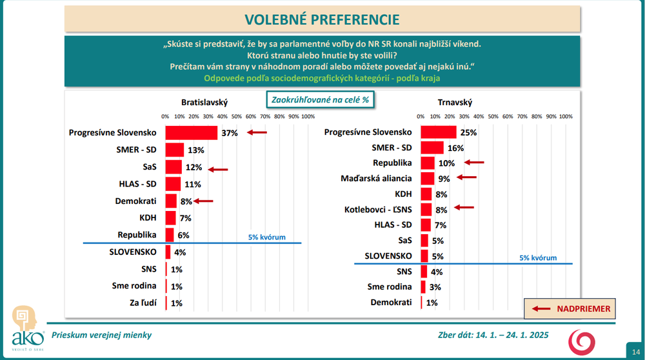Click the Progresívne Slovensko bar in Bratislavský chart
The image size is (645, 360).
coord(191,133)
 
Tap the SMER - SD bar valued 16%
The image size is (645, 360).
coord(432,148)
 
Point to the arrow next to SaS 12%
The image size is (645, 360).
coord(218,170)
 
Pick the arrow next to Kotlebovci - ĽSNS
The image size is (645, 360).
coord(463,208)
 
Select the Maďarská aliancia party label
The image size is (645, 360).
coord(377,177)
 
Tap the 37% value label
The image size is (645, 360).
coord(230,133)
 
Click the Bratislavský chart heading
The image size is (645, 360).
coord(204,102)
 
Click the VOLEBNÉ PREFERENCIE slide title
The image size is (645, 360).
coord(322,19)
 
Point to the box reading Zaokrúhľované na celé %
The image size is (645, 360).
coord(321,100)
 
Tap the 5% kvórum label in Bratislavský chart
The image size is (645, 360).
coord(266,237)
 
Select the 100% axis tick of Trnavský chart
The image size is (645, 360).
coord(565,116)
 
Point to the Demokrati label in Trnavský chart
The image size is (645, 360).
coord(391,303)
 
